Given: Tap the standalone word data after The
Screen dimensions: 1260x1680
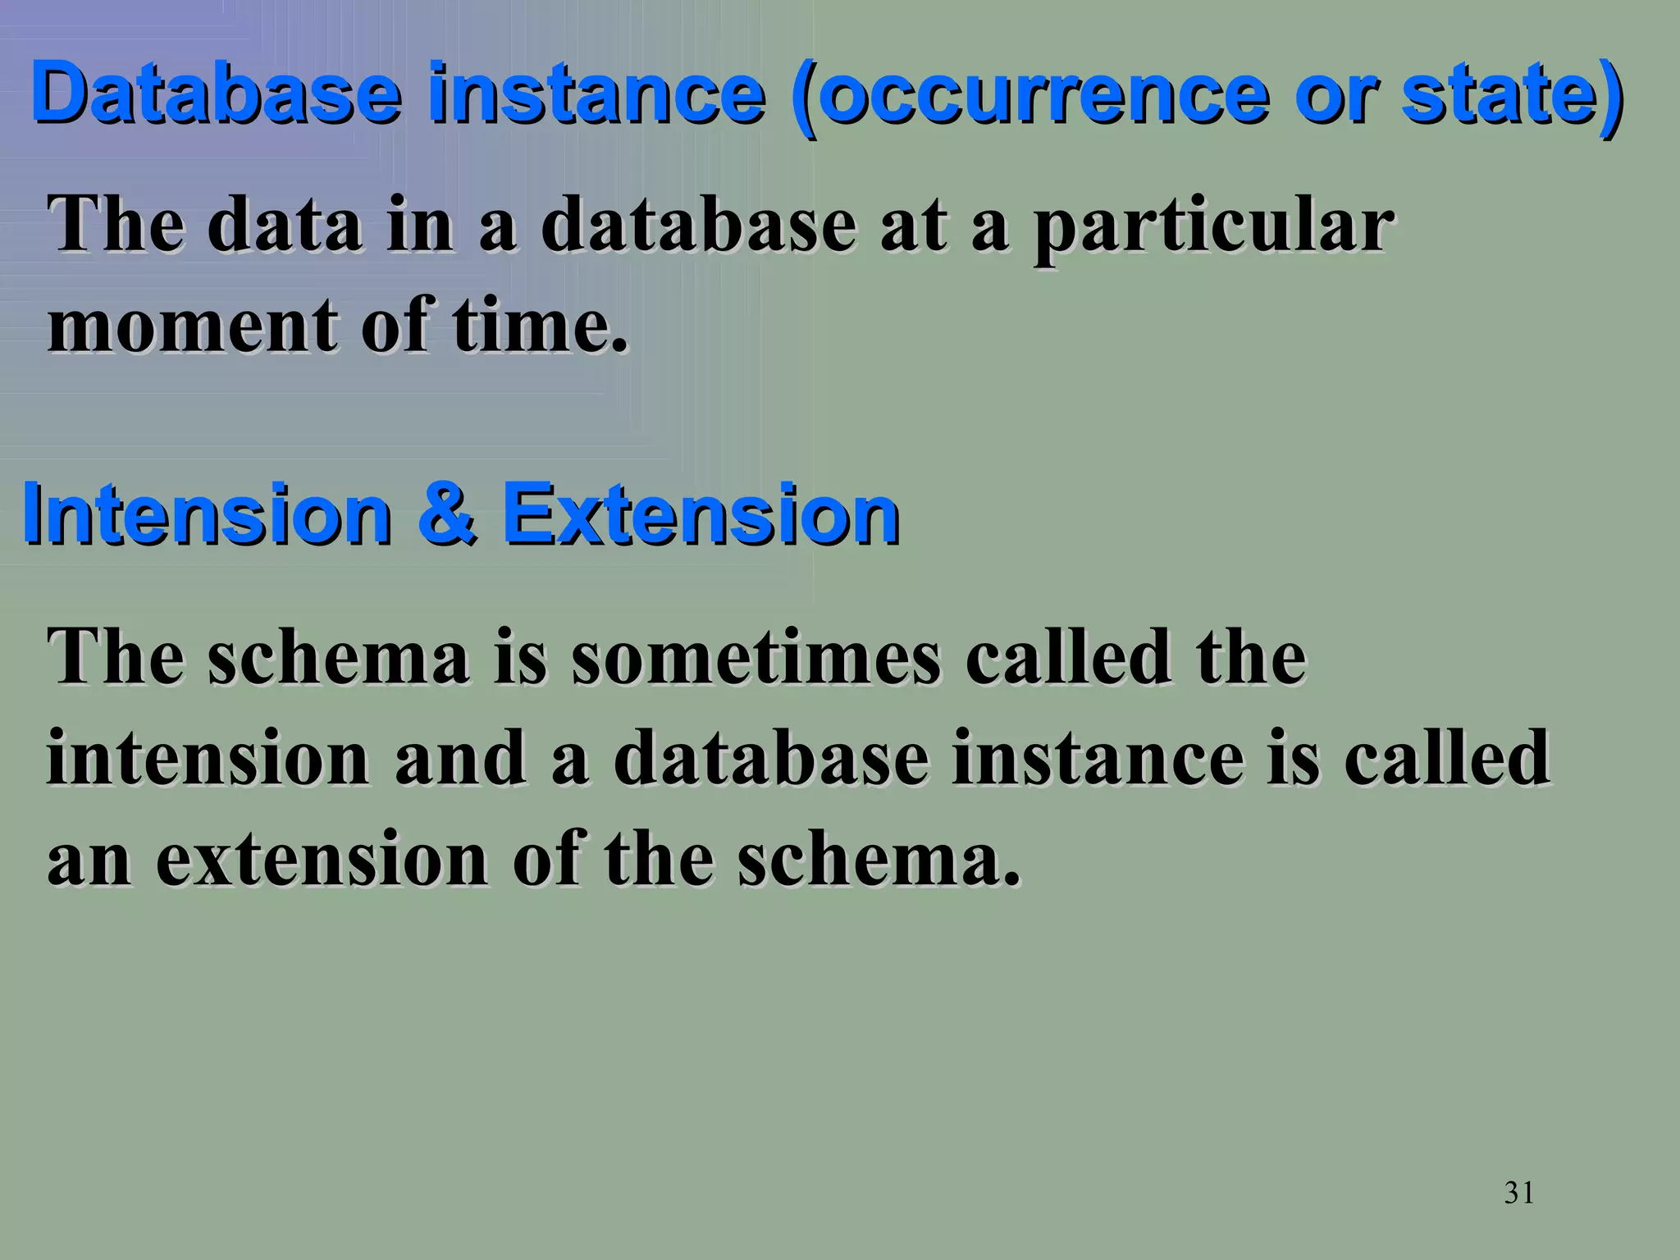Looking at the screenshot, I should (x=285, y=226).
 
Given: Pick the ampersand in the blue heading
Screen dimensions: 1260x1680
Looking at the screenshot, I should (x=447, y=514).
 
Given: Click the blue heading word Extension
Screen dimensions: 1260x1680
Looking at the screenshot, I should (x=701, y=514).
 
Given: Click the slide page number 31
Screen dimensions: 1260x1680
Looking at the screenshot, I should (x=1519, y=1193).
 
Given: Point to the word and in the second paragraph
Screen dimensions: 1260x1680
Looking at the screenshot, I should (x=460, y=758).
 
